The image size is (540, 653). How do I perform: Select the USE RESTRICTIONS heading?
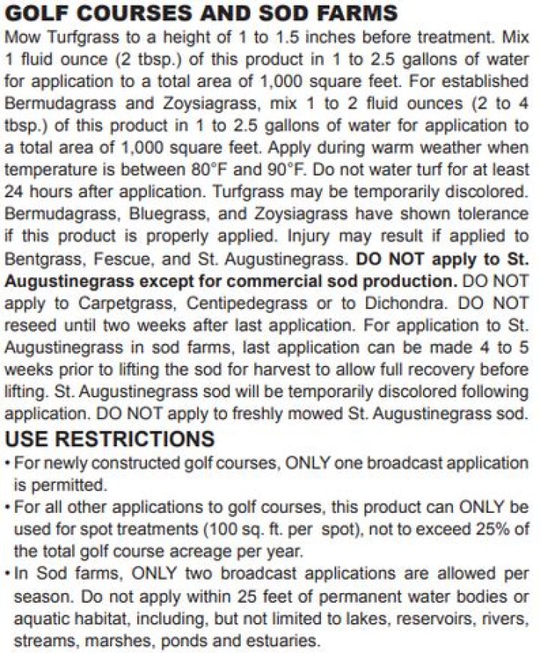[x=109, y=439]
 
